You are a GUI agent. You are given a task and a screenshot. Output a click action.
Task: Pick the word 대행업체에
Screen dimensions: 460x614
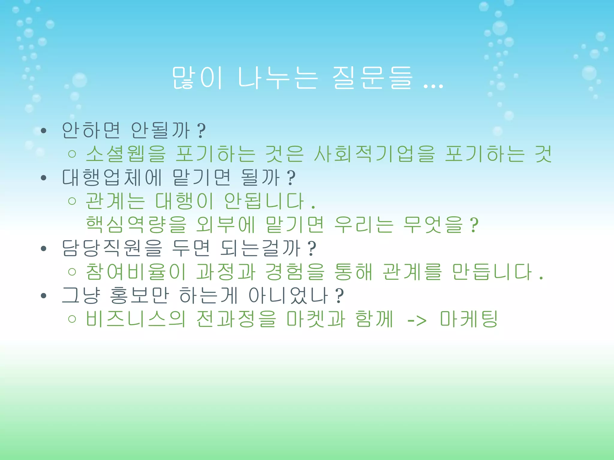tap(112, 178)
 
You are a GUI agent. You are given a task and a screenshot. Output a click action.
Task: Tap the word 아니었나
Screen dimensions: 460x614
tap(288, 295)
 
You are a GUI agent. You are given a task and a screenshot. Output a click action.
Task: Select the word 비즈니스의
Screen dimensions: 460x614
tap(136, 319)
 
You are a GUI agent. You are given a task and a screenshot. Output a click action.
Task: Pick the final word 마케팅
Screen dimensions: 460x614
tap(469, 319)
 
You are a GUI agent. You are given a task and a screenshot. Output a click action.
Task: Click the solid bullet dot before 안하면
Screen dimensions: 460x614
tap(44, 131)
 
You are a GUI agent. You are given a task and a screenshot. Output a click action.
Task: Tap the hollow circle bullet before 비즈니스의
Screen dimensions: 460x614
tap(72, 319)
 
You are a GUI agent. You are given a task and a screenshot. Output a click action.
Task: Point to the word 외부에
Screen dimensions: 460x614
tap(225, 225)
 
